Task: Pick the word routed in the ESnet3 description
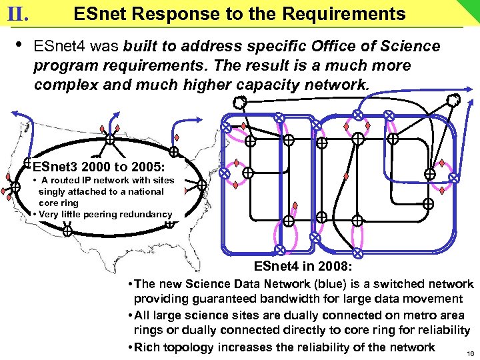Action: [x=65, y=180]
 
